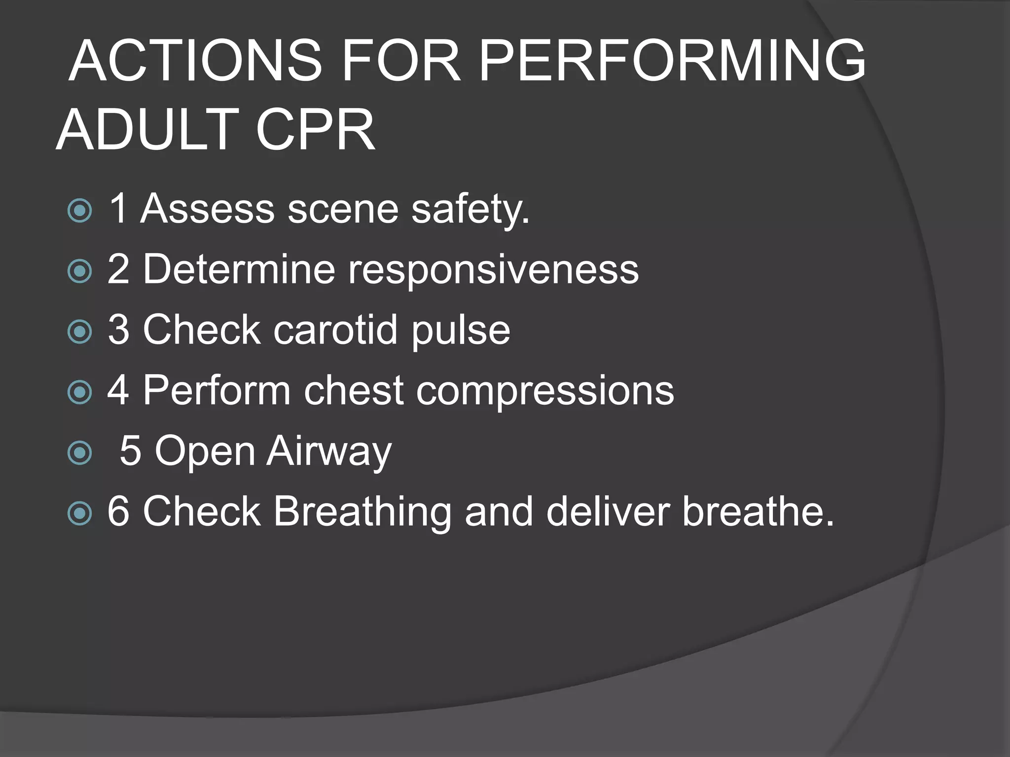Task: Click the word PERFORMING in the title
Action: (x=672, y=61)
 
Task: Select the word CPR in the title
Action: (x=316, y=130)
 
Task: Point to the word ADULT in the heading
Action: (x=148, y=130)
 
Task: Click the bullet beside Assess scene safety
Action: (x=79, y=210)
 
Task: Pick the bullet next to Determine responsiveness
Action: (x=79, y=271)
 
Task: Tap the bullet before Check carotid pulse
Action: (x=79, y=332)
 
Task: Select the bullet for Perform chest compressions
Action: (x=79, y=392)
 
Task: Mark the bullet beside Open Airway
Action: (x=79, y=453)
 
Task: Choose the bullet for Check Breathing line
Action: (x=79, y=514)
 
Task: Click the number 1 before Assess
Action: (x=118, y=209)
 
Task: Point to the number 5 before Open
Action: (x=130, y=450)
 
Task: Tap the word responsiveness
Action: (x=493, y=270)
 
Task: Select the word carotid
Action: (x=335, y=330)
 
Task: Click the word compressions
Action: (x=545, y=391)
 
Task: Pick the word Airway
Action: (x=329, y=451)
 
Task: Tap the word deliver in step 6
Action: (x=608, y=511)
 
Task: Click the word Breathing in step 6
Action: (x=362, y=512)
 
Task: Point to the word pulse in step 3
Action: (x=461, y=331)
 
